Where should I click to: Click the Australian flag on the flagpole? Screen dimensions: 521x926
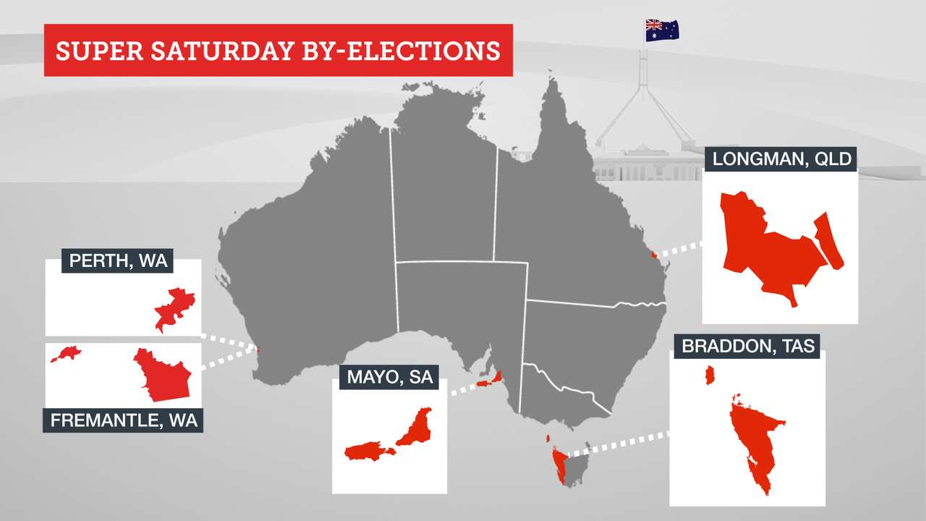[x=662, y=30]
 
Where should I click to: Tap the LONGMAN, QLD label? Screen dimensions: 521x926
[x=780, y=159]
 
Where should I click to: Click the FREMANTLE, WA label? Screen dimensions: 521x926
[x=123, y=420]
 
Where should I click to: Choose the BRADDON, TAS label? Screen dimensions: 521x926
[x=748, y=346]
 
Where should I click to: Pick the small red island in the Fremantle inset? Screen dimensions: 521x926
[x=66, y=353]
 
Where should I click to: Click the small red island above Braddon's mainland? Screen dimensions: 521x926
[x=710, y=376]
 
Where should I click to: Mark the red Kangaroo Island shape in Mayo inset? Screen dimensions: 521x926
[x=368, y=452]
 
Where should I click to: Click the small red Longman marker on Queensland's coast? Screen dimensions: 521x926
[x=653, y=254]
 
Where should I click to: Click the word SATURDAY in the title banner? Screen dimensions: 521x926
[x=221, y=51]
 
